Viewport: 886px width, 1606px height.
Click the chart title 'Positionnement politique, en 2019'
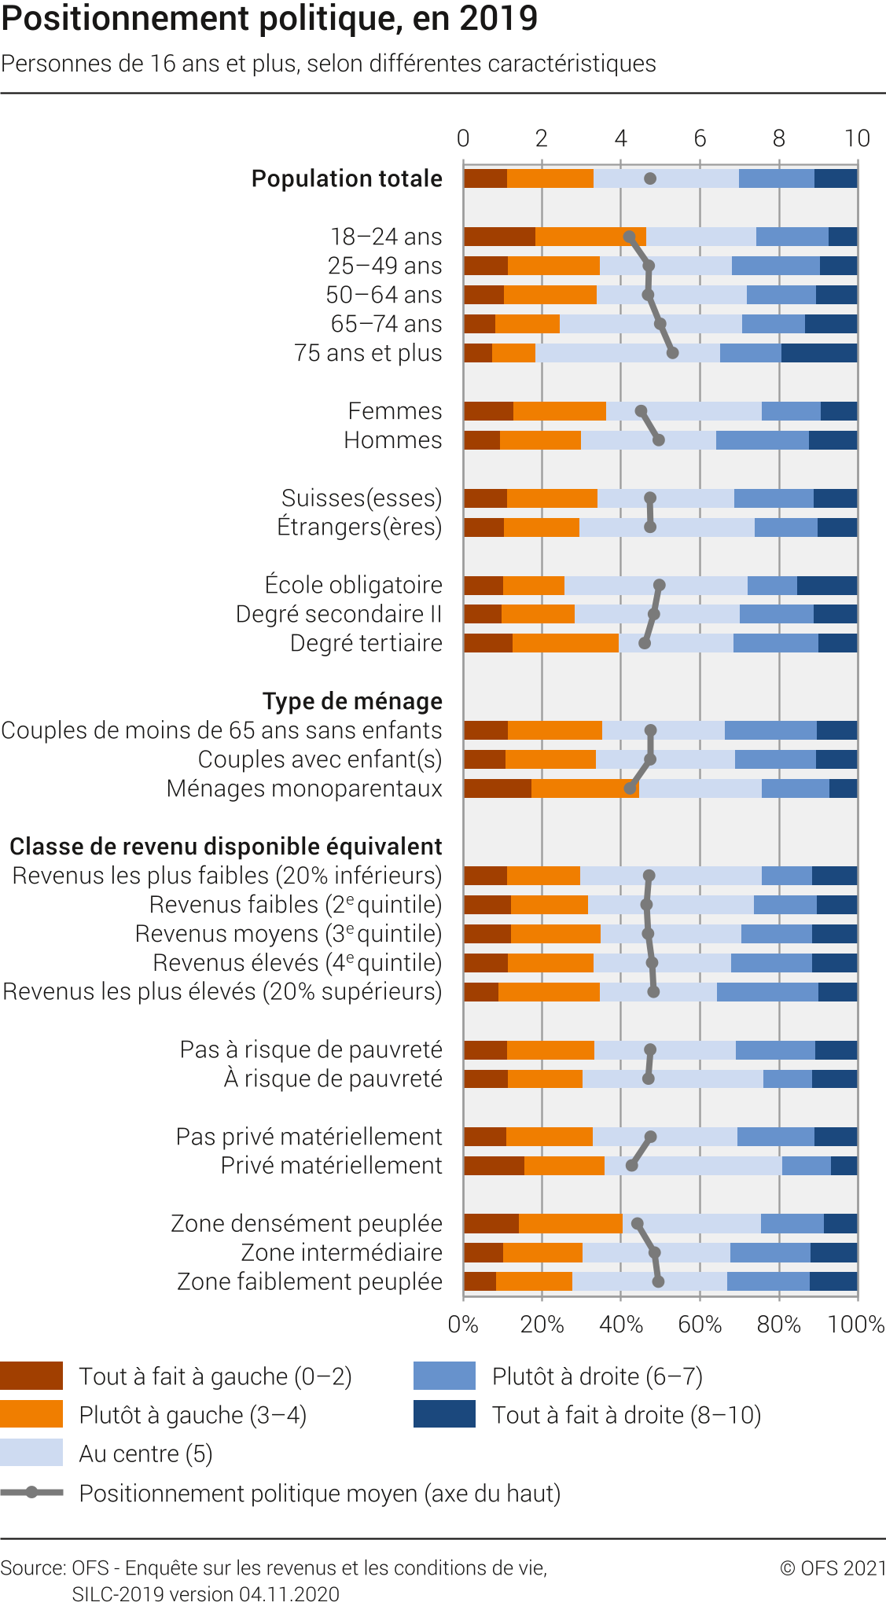point(270,19)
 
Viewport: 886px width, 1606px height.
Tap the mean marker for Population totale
point(650,178)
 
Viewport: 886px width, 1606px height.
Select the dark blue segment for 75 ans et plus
point(819,353)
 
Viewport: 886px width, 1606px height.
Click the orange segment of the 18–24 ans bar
point(590,237)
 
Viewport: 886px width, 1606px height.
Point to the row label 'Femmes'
point(395,411)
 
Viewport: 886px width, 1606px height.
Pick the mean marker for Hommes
point(659,440)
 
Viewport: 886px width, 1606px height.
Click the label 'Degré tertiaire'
point(366,643)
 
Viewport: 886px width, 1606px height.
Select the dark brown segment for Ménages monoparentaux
point(498,788)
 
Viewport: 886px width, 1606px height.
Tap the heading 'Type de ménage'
point(352,701)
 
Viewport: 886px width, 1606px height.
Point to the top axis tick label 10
point(857,139)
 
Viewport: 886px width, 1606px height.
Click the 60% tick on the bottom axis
point(700,1325)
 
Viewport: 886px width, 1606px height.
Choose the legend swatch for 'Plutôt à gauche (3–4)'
point(31,1414)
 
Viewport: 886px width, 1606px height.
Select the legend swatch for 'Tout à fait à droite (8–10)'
point(444,1414)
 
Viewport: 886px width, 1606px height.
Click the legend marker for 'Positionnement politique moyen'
point(31,1492)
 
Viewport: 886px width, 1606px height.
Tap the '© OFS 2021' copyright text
point(833,1568)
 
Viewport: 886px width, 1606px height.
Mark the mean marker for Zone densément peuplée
point(638,1224)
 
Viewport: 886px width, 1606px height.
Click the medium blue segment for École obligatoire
point(772,586)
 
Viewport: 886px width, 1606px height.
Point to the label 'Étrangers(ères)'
point(359,527)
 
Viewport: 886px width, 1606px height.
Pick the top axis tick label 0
point(463,139)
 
